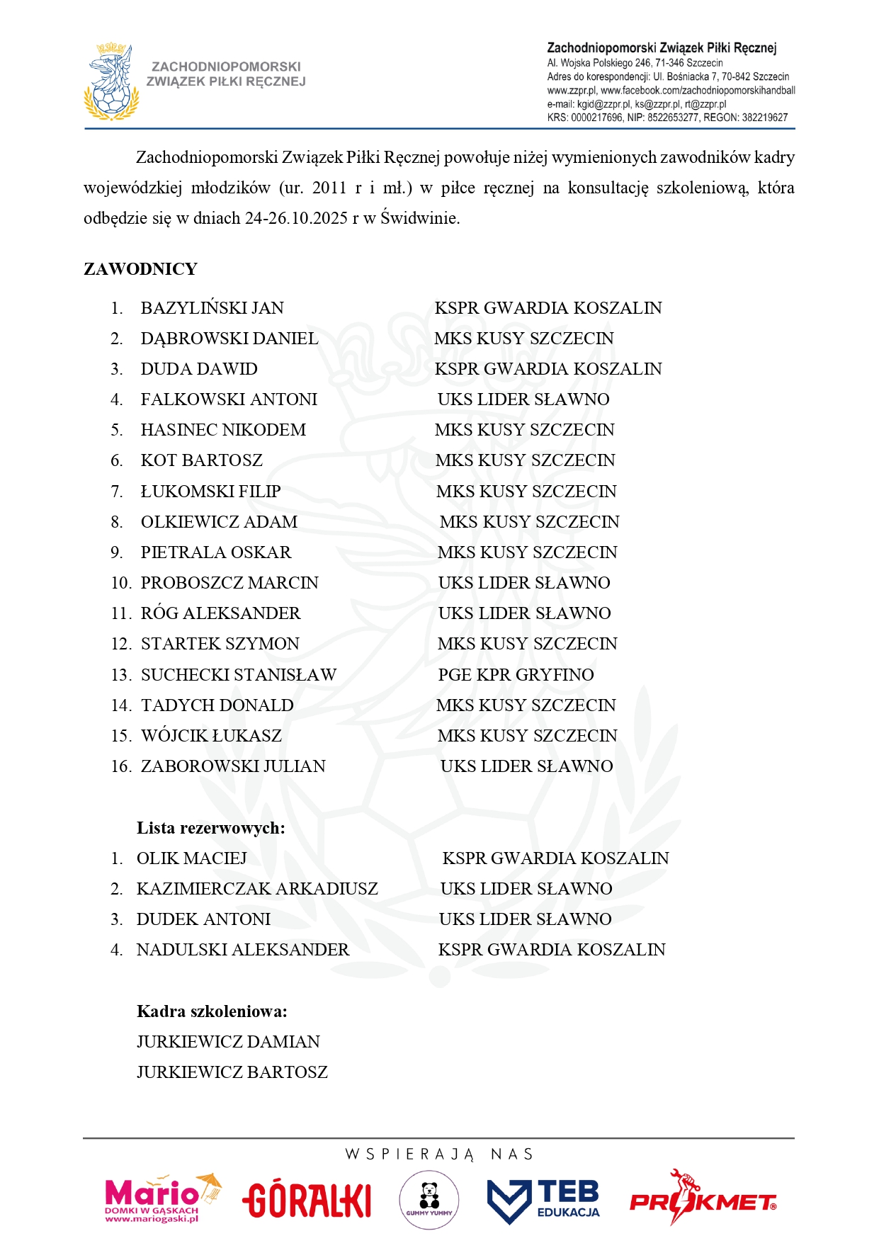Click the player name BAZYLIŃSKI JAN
212,308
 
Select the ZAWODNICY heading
140,269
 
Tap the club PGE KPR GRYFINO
516,675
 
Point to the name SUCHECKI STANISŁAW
238,675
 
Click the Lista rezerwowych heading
210,828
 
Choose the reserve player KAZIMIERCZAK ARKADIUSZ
257,889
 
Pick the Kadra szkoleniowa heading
212,1011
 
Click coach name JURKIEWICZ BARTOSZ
232,1072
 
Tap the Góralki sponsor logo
307,1200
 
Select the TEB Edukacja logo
543,1200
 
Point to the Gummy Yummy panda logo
429,1199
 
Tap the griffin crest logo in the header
111,82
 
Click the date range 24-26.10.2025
296,218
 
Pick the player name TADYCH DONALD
217,705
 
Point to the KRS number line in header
667,118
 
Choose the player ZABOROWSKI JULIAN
233,766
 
